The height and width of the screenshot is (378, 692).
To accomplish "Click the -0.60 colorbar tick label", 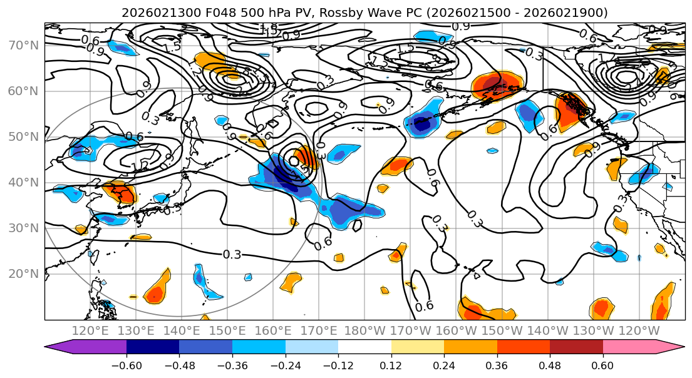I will [x=126, y=365].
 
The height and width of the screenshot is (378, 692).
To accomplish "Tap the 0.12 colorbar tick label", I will [x=391, y=365].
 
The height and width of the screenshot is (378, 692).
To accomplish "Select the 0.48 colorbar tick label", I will [x=550, y=365].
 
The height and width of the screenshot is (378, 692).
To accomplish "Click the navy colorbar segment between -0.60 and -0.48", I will [x=153, y=347].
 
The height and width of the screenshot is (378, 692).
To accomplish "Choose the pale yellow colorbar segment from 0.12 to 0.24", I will [x=418, y=347].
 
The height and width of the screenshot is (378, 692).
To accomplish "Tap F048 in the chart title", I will [x=197, y=13].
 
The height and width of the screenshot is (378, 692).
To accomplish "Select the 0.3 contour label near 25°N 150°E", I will [x=232, y=255].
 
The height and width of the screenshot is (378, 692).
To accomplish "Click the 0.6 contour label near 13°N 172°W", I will [x=424, y=306].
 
